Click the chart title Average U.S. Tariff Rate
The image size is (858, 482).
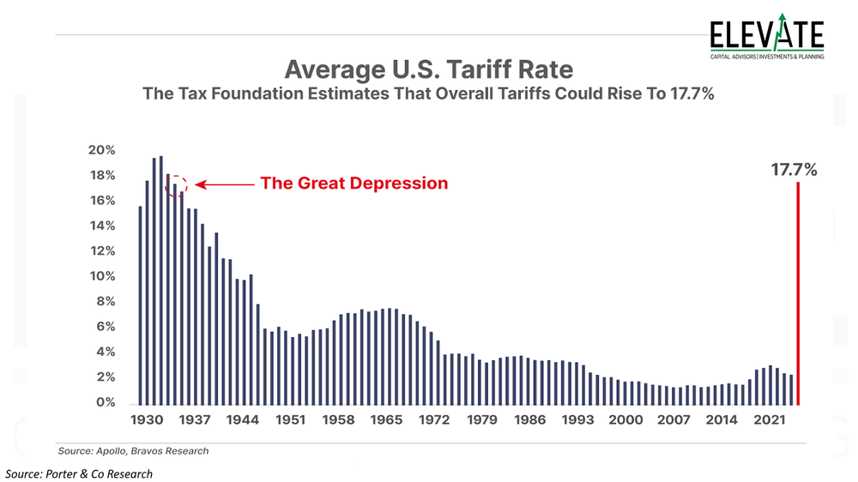(429, 68)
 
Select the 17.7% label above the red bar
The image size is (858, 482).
(794, 169)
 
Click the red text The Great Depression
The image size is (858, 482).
(353, 184)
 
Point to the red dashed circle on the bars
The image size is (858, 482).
(175, 184)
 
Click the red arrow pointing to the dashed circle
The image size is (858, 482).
(223, 184)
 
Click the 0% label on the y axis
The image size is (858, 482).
(106, 402)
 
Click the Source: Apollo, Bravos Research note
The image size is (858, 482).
(133, 450)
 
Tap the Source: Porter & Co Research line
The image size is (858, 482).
(79, 473)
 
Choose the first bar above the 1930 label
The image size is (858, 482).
(140, 305)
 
